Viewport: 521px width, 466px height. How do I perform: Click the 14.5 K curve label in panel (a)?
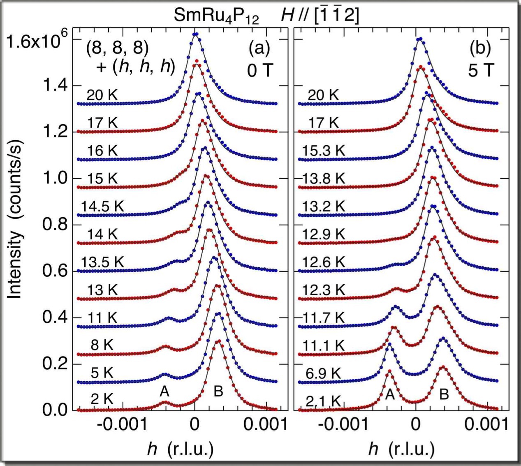click(102, 206)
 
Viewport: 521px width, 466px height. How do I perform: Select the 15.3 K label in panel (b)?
click(323, 151)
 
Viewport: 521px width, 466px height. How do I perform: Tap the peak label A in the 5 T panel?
click(390, 395)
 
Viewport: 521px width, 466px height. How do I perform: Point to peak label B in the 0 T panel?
click(218, 391)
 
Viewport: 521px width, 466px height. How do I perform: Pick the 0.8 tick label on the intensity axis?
click(55, 225)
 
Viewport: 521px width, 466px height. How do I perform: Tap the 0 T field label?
click(260, 70)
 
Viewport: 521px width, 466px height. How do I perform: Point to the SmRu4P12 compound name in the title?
click(216, 16)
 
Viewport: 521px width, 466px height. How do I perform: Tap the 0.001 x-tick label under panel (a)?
click(265, 425)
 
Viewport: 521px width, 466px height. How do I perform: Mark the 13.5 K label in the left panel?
click(102, 262)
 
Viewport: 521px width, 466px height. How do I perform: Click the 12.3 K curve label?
click(323, 290)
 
